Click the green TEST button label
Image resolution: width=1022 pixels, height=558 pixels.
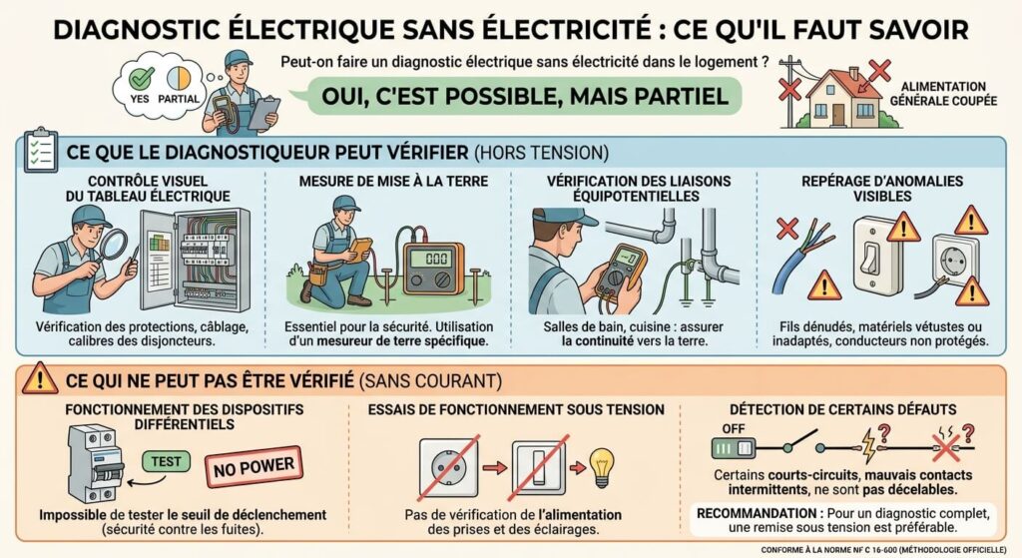pyautogui.click(x=167, y=461)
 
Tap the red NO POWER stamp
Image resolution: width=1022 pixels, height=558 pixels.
pyautogui.click(x=254, y=467)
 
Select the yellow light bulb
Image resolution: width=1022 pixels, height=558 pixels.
pyautogui.click(x=602, y=467)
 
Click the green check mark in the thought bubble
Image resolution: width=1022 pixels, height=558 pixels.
pyautogui.click(x=142, y=78)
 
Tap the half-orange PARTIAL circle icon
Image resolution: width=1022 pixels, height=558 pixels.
pyautogui.click(x=179, y=78)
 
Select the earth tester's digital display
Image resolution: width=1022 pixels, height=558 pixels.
pyautogui.click(x=436, y=259)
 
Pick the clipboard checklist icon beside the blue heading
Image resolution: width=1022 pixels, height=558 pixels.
pyautogui.click(x=40, y=151)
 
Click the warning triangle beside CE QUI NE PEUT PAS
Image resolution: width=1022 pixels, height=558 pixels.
pyautogui.click(x=40, y=378)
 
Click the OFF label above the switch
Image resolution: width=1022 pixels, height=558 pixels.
pyautogui.click(x=734, y=429)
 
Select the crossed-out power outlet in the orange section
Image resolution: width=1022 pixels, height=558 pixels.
pyautogui.click(x=448, y=468)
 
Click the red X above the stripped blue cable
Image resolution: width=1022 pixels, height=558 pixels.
pyautogui.click(x=788, y=229)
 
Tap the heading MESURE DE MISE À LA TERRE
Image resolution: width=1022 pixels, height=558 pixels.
pyautogui.click(x=393, y=182)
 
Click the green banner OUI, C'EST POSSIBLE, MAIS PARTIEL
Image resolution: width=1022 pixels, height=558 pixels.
pyautogui.click(x=524, y=96)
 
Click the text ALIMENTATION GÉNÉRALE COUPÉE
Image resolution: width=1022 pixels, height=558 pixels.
pyautogui.click(x=943, y=93)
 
